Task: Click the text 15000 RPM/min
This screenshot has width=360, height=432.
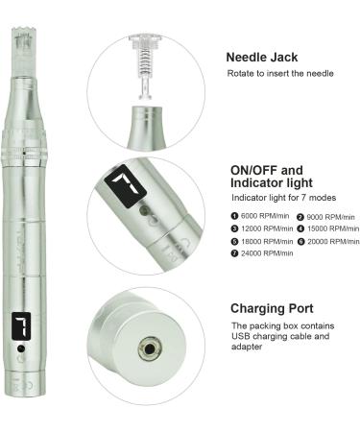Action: point(333,228)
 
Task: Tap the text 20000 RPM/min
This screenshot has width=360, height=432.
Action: point(333,241)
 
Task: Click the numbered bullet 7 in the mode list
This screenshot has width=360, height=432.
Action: point(234,253)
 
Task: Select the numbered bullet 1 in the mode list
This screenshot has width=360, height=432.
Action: point(234,216)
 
